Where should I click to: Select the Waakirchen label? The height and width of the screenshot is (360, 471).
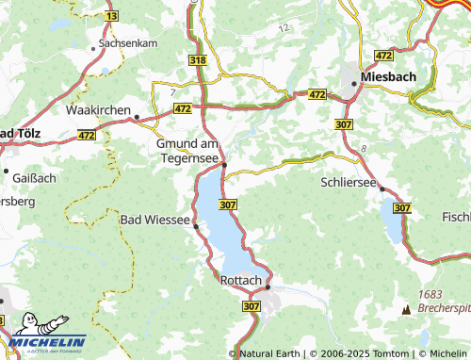(98, 109)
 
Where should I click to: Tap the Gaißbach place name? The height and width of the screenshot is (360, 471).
(33, 175)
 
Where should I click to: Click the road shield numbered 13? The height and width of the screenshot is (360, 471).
(112, 17)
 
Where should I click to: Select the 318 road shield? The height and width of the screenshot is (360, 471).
(197, 59)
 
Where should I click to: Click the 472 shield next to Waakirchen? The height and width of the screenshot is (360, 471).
(179, 109)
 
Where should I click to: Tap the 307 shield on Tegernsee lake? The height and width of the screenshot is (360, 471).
(227, 204)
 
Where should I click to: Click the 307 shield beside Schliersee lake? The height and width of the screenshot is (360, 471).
(402, 206)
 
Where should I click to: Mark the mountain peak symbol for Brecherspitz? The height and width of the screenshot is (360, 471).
(406, 308)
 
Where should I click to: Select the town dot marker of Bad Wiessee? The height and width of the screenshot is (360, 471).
(196, 226)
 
